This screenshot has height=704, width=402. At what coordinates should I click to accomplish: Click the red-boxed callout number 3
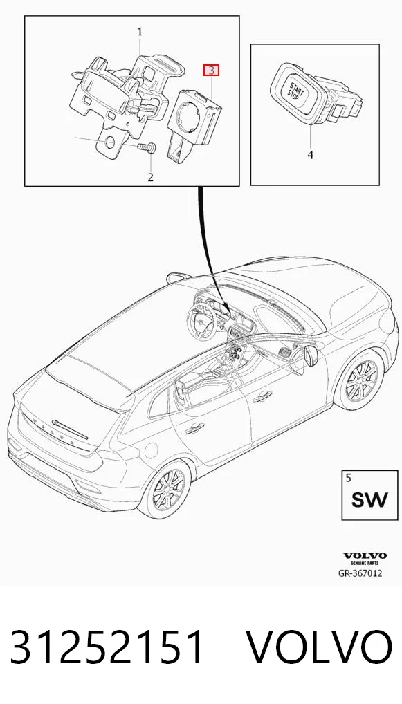tap(211, 70)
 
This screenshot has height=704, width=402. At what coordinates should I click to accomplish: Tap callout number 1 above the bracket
tap(140, 32)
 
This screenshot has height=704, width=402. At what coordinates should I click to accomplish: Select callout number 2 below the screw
tap(150, 177)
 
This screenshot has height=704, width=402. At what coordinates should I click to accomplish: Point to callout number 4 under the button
tap(311, 156)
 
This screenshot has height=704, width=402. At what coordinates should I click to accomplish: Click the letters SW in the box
tap(369, 499)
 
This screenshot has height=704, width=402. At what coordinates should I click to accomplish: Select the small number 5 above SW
tap(349, 477)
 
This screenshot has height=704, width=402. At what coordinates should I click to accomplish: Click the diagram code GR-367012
tap(360, 573)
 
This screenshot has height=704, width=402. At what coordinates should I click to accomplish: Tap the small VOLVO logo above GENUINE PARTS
tap(365, 556)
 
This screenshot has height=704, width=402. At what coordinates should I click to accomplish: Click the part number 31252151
tap(107, 647)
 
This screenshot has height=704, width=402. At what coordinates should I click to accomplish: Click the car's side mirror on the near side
tap(311, 355)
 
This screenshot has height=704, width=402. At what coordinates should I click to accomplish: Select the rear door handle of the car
tap(194, 429)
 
